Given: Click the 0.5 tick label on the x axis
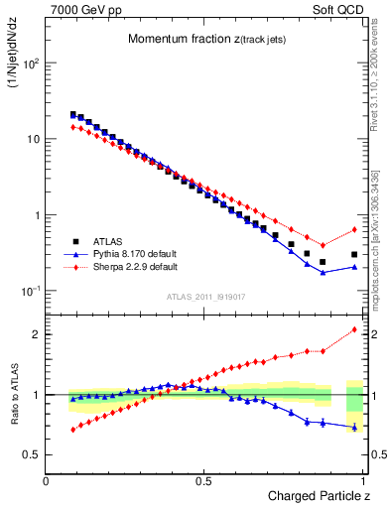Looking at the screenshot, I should pyautogui.click(x=205, y=479).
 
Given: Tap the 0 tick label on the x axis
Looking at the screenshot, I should pyautogui.click(x=47, y=479).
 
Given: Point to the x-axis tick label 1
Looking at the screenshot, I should pyautogui.click(x=364, y=479).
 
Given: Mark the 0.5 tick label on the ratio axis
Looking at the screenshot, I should pyautogui.click(x=30, y=454).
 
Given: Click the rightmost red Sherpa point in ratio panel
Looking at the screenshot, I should pyautogui.click(x=354, y=329).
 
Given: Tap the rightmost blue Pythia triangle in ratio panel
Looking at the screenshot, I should pyautogui.click(x=354, y=428).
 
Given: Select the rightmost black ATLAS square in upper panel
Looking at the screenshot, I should pyautogui.click(x=354, y=254).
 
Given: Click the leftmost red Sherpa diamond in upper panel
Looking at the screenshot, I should pyautogui.click(x=73, y=127).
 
